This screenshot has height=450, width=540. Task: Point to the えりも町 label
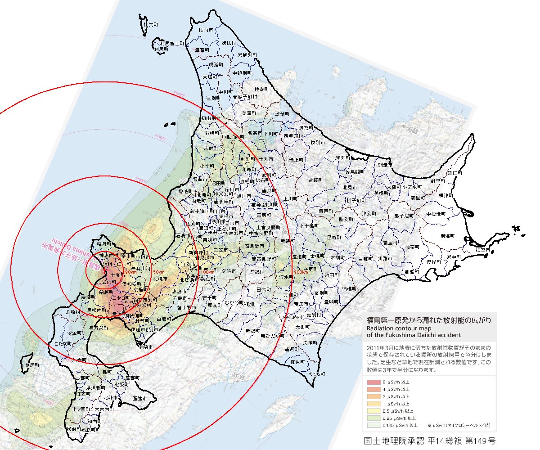317,373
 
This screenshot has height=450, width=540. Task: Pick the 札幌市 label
161,279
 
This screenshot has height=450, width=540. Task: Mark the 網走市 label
385,165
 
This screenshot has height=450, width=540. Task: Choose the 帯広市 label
301,304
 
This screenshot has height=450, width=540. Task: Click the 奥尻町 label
32,365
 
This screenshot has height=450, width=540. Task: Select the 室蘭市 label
145,347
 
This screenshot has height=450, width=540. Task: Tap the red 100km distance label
207,272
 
